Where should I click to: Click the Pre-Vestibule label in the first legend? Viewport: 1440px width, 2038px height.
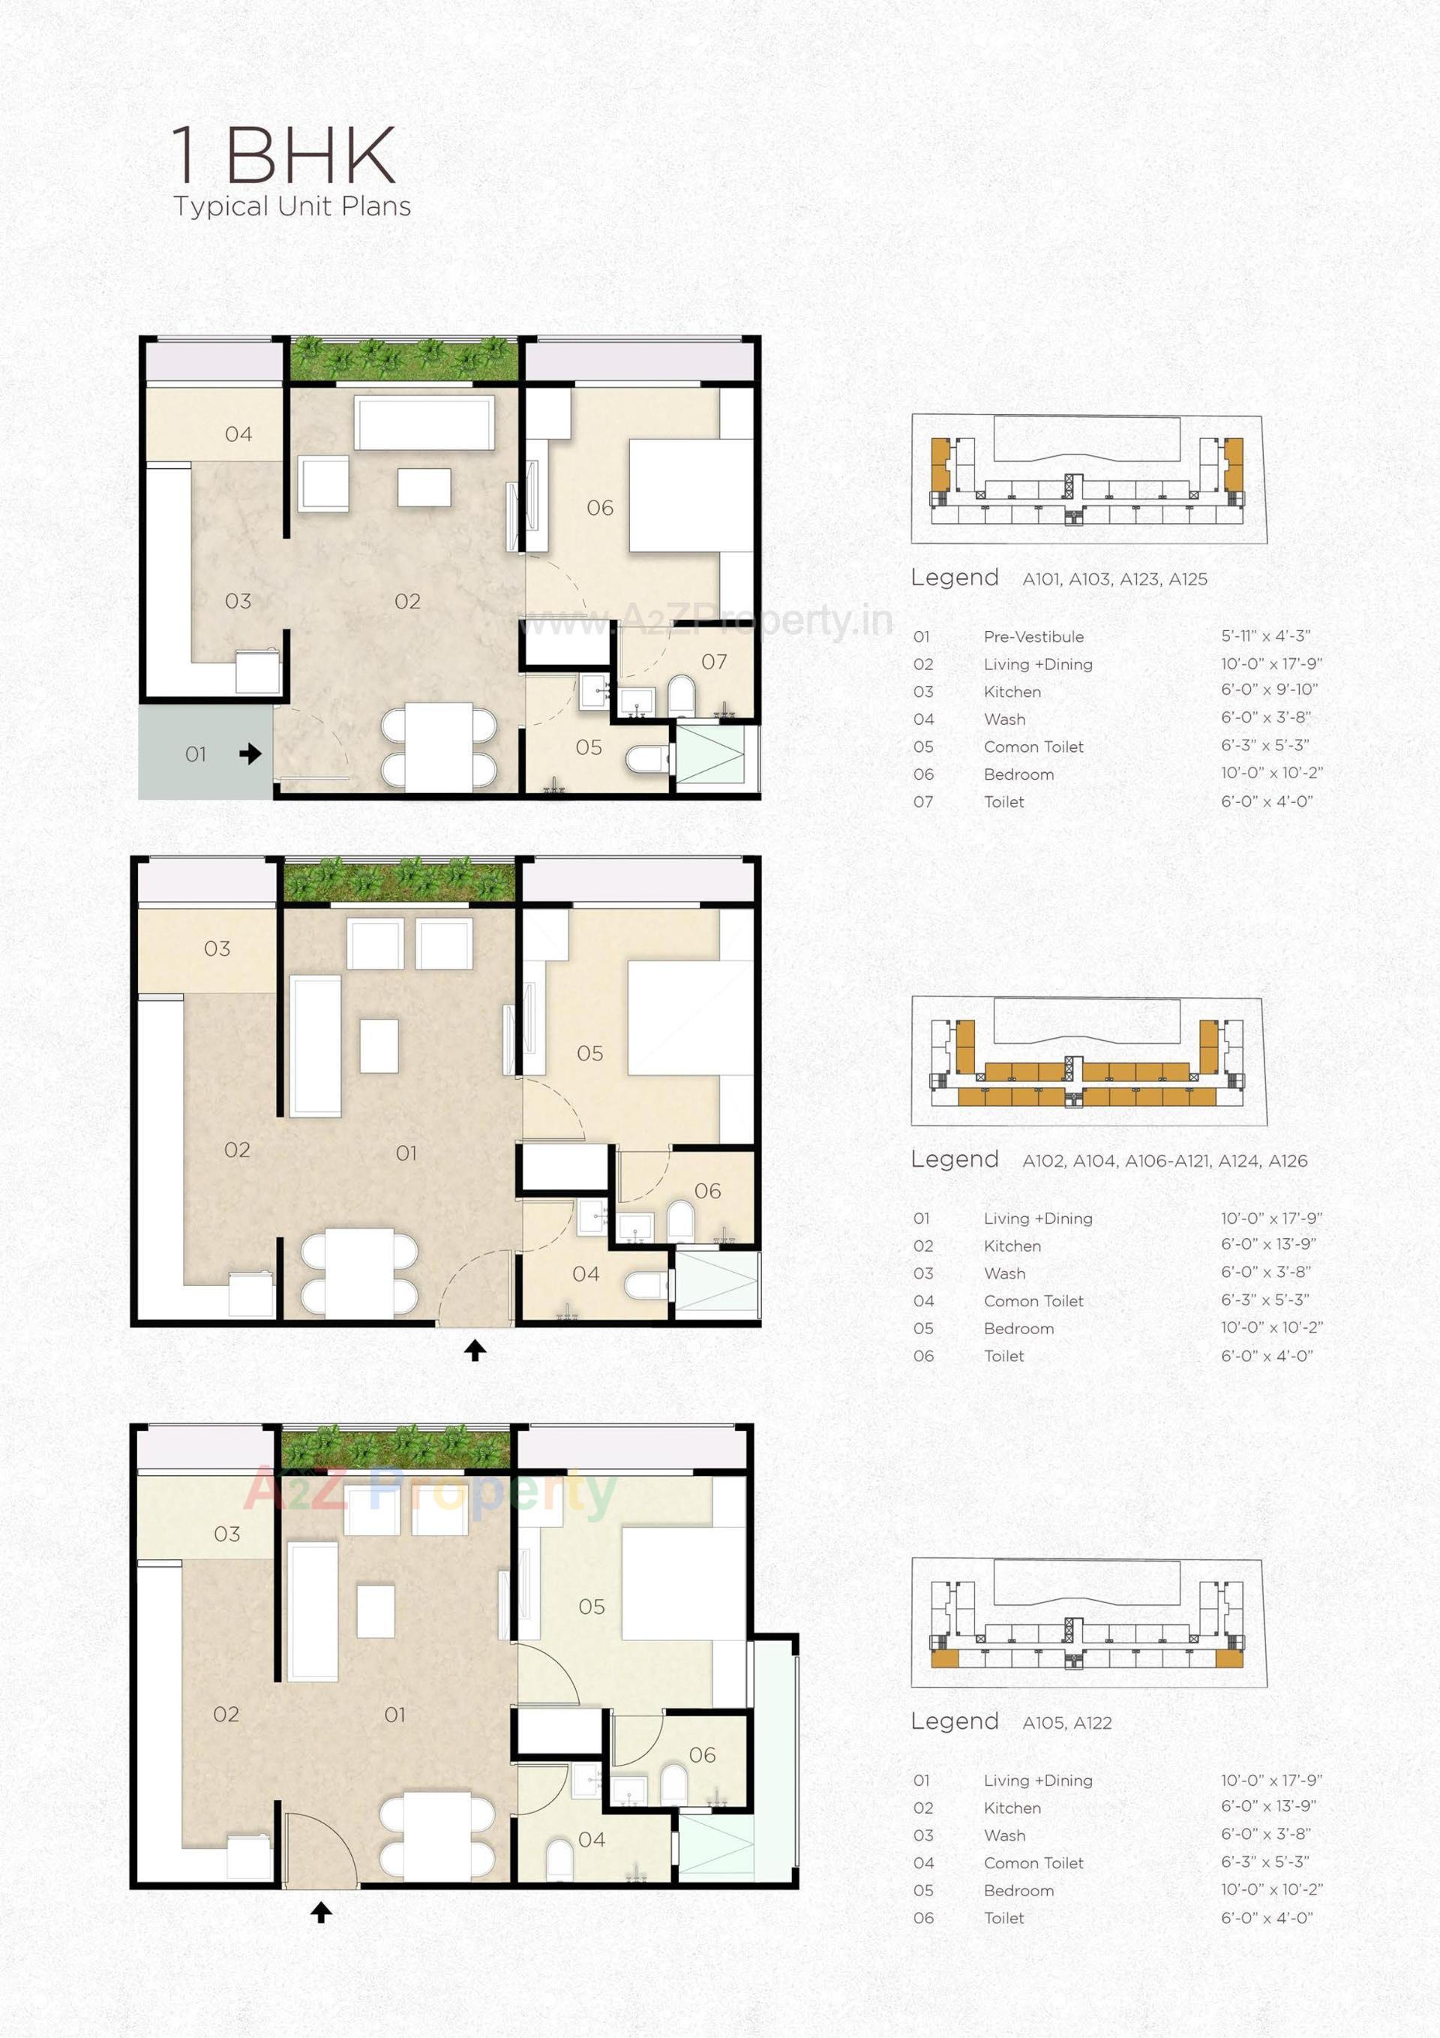[1033, 636]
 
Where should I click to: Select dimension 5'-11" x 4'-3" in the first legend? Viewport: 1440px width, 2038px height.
[1265, 636]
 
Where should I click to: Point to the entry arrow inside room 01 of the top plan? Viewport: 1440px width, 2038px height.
[250, 753]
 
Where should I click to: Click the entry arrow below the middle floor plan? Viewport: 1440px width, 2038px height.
[475, 1350]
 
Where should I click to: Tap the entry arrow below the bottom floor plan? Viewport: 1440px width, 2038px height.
[321, 1912]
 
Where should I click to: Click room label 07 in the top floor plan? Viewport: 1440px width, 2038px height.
[713, 661]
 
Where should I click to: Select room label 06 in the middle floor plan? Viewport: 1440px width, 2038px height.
[707, 1190]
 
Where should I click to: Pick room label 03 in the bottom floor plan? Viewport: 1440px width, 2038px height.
[227, 1534]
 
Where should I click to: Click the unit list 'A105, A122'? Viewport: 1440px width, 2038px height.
[1066, 1723]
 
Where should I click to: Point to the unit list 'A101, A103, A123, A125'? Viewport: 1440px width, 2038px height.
[1114, 579]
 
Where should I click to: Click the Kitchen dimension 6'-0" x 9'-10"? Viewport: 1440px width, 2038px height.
[1269, 690]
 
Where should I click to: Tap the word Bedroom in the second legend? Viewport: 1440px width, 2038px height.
[1018, 1329]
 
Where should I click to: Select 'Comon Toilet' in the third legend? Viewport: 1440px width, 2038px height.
[1033, 1863]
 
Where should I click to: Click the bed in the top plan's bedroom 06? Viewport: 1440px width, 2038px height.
[690, 495]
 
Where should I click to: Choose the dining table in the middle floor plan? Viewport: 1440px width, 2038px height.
[359, 1272]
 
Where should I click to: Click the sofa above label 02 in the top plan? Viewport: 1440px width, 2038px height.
[424, 422]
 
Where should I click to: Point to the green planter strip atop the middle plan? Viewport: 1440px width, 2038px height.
[398, 879]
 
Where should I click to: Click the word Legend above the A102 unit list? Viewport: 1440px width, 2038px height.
[954, 1159]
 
